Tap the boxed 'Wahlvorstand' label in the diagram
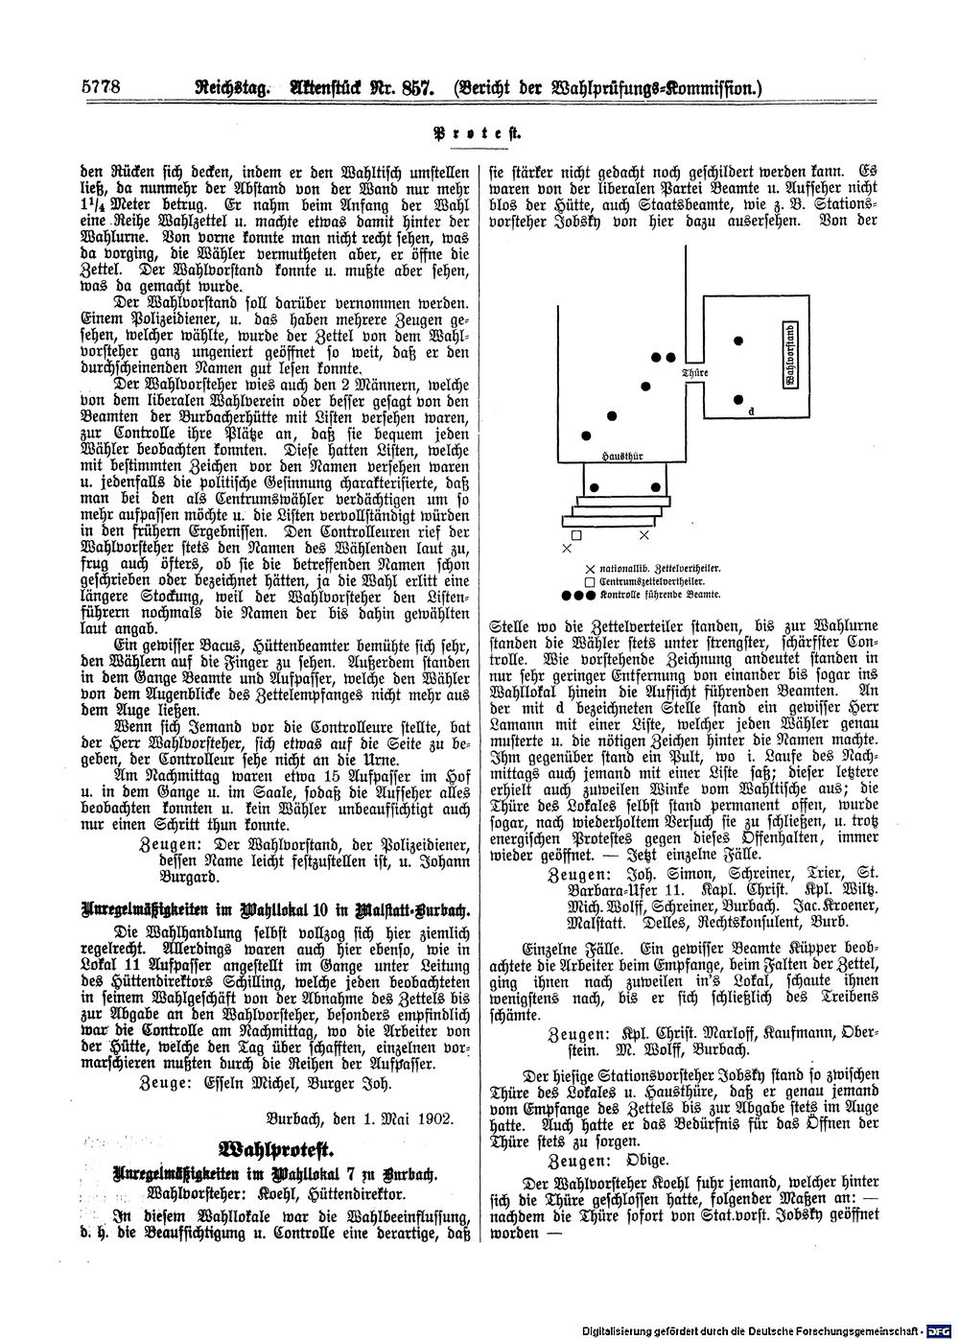788,356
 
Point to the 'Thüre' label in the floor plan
693,372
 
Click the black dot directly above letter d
738,400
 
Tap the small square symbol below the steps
575,533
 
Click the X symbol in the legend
589,568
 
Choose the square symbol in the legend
589,581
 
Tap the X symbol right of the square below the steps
644,533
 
